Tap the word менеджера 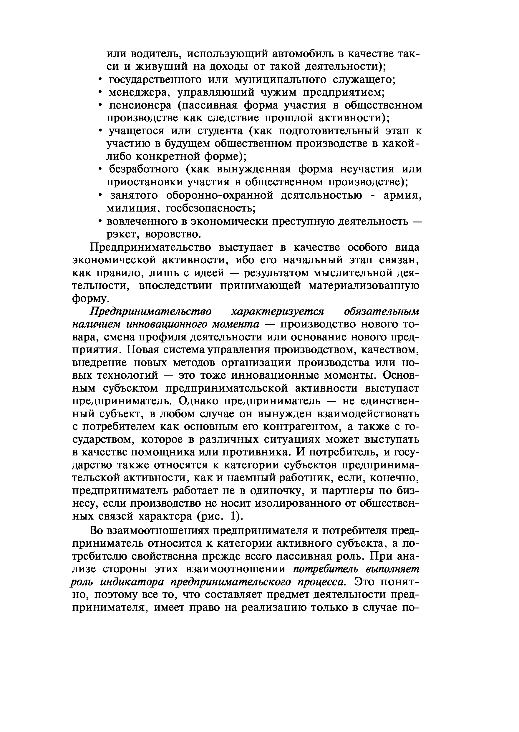(x=139, y=92)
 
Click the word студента (x=220, y=131)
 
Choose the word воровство (x=173, y=234)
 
